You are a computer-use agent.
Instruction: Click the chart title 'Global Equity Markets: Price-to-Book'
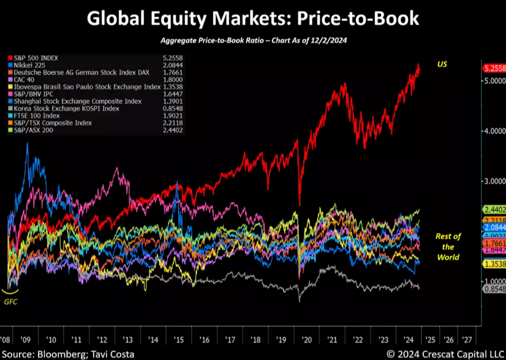[253, 18]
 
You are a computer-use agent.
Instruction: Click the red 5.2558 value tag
[494, 68]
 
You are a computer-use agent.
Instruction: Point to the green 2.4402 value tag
[494, 210]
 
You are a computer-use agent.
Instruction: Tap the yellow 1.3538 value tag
[494, 264]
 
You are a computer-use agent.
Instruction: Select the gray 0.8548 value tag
[494, 288]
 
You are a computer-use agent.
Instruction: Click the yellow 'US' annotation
[442, 64]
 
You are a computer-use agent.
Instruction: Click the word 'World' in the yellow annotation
[448, 258]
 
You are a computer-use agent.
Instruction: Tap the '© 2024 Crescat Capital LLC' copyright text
[443, 353]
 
